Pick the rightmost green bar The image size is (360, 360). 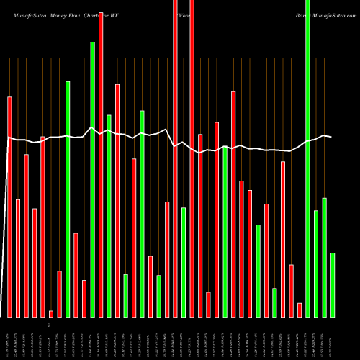pos(333,284)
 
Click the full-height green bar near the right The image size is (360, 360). pos(308,158)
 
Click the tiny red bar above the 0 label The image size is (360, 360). pos(51,313)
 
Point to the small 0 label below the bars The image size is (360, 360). pos(49,325)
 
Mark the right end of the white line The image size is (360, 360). pos(331,137)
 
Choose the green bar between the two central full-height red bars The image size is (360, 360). pos(184,262)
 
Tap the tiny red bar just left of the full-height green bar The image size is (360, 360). pos(300,310)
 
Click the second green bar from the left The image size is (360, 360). pos(92,179)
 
